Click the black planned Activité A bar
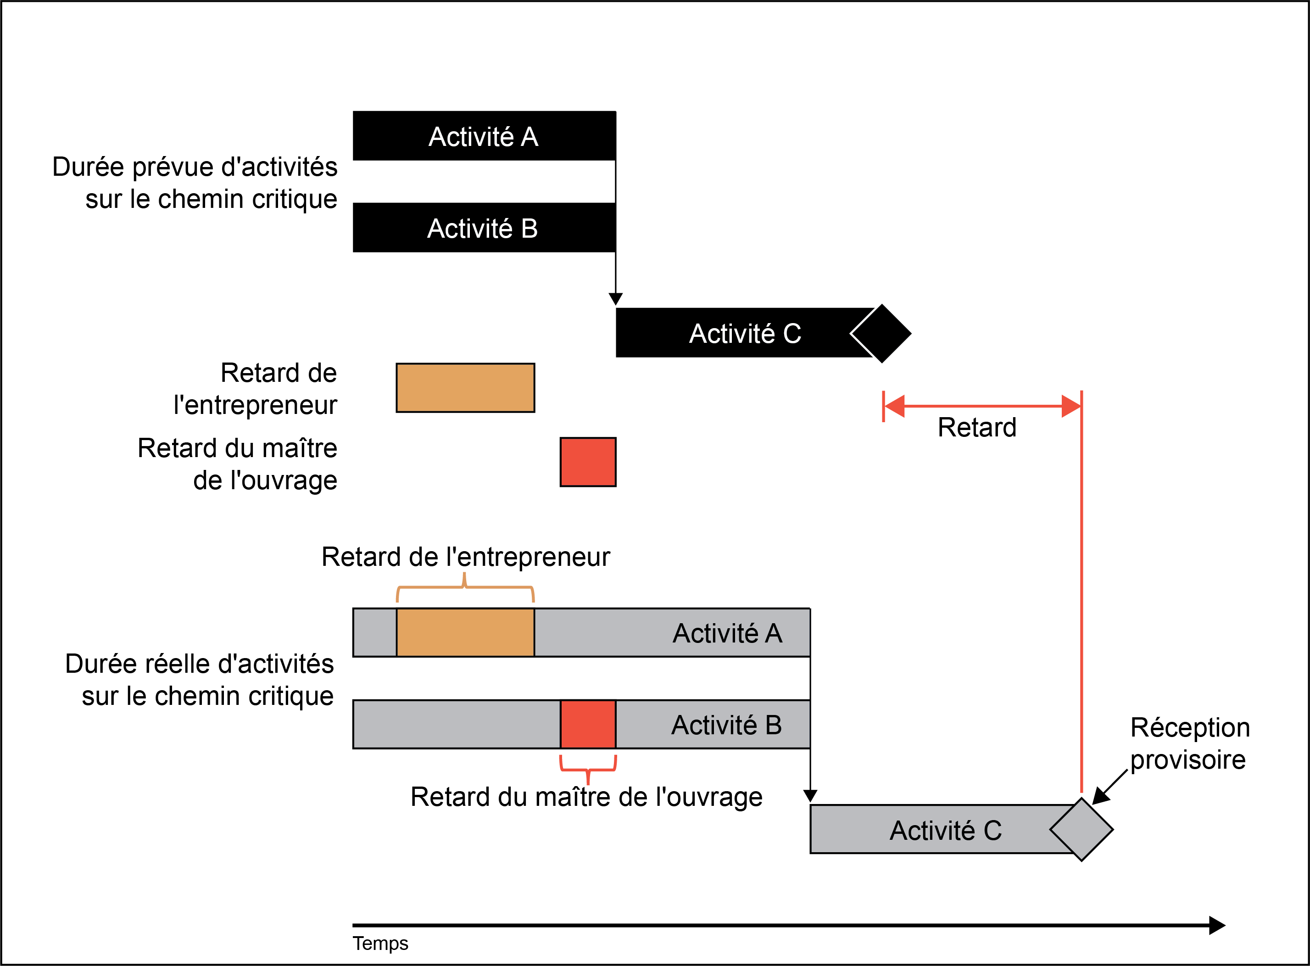[484, 136]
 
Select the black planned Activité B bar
[484, 228]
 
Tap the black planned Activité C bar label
[745, 333]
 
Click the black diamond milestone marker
[881, 333]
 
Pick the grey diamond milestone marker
[1081, 829]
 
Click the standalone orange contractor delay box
[465, 388]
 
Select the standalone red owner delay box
[588, 462]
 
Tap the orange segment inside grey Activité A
[465, 633]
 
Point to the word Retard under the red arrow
[977, 427]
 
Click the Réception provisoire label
[1190, 743]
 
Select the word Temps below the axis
[380, 943]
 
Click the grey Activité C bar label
[946, 830]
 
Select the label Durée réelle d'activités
[199, 664]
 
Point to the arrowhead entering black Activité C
[616, 299]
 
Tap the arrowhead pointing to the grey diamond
[1101, 796]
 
